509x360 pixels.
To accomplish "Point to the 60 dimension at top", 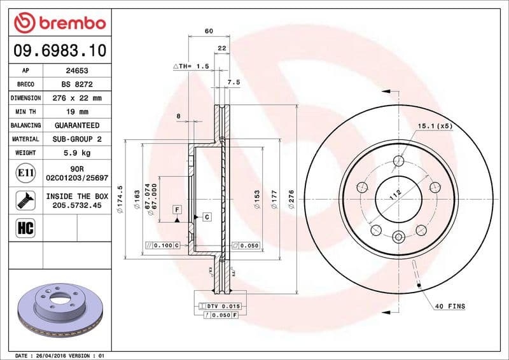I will tap(208, 31).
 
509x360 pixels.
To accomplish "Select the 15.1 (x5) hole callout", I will tap(435, 126).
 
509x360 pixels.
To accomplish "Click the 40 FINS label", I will tap(450, 307).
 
